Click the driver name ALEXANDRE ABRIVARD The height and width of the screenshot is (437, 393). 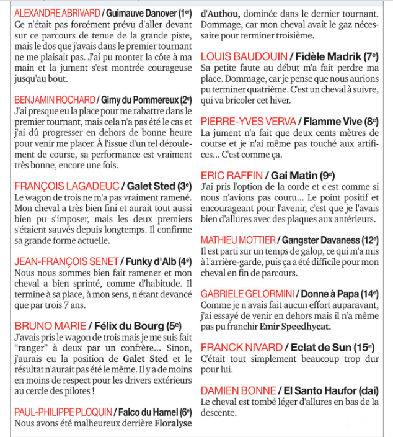[55, 13]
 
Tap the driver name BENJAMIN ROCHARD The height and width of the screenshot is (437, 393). [55, 100]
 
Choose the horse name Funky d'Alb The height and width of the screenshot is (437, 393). [150, 261]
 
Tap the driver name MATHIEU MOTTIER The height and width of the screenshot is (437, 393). [238, 240]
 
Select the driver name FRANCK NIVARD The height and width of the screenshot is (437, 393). [238, 347]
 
